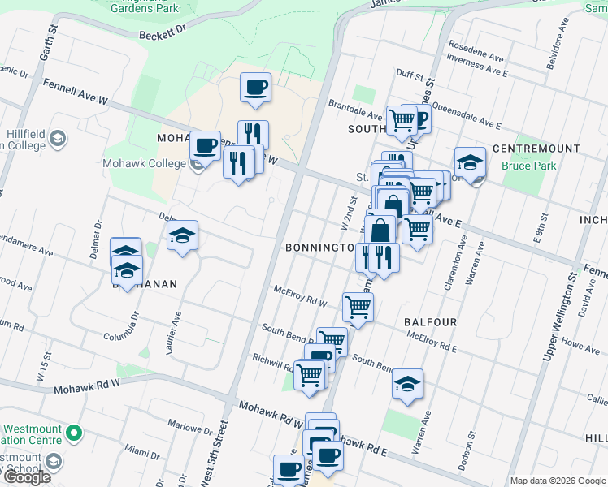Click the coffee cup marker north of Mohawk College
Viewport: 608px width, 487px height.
pyautogui.click(x=255, y=88)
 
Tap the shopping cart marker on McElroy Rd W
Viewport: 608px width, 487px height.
pyautogui.click(x=358, y=307)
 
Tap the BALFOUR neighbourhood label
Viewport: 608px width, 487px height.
pyautogui.click(x=430, y=322)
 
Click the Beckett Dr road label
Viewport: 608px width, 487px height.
pyautogui.click(x=163, y=31)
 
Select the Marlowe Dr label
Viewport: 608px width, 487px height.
pyautogui.click(x=189, y=427)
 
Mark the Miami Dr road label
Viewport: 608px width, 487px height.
pyautogui.click(x=143, y=451)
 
